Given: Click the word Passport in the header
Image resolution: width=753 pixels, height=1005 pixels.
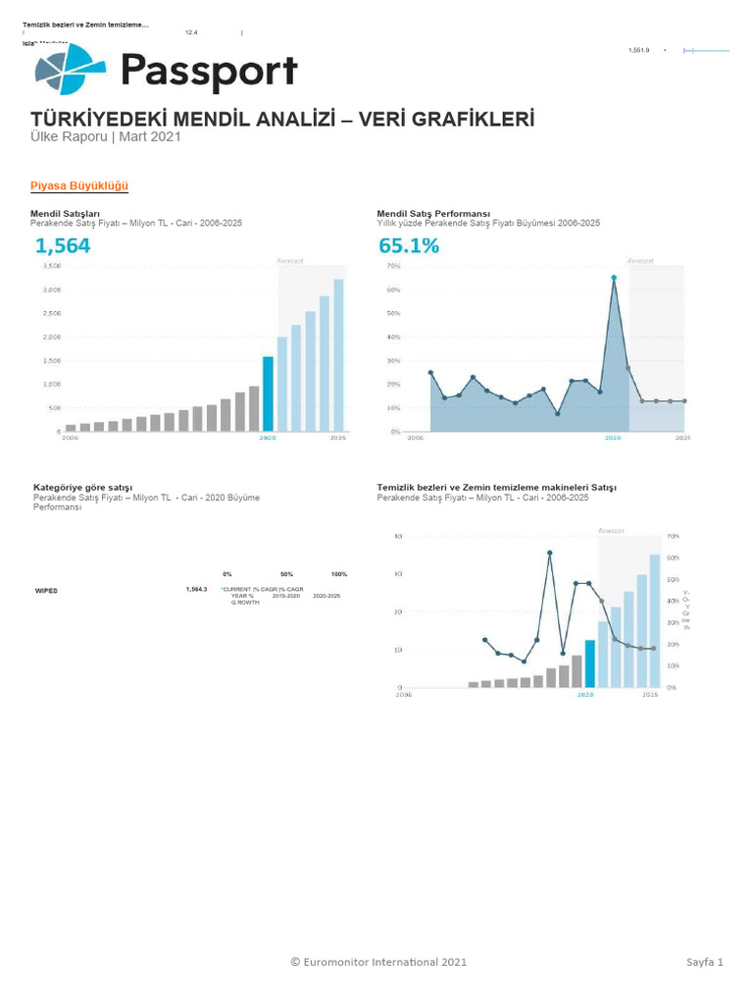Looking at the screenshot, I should (x=208, y=72).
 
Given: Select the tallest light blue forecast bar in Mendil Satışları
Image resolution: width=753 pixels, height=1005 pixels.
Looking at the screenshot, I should (x=338, y=355).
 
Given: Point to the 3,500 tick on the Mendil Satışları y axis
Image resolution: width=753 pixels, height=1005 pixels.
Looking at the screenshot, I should (x=52, y=266).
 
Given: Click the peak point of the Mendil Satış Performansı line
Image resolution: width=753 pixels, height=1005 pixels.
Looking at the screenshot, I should (x=614, y=278).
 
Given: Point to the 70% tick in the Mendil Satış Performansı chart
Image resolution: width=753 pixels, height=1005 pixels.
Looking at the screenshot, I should (x=392, y=266).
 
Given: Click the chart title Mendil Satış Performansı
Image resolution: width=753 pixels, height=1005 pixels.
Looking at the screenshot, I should (x=433, y=213).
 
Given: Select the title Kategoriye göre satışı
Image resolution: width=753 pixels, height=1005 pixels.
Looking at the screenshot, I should (x=82, y=487).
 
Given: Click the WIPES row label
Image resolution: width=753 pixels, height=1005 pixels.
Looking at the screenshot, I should (x=46, y=590).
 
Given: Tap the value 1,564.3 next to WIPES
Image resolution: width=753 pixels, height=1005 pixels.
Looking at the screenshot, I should (x=196, y=589).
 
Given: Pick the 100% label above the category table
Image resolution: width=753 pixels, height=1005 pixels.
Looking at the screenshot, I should (x=339, y=573).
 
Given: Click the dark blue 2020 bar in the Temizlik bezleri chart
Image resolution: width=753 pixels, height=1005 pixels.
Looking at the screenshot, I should (x=589, y=663).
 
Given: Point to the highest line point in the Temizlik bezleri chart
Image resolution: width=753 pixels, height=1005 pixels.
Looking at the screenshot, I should (x=550, y=553).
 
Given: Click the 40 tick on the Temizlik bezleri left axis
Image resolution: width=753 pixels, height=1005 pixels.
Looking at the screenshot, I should (x=398, y=537).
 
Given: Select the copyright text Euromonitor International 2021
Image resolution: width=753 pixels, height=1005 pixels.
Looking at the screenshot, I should (x=378, y=962).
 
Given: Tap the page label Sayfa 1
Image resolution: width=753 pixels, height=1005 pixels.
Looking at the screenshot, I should (x=704, y=962).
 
